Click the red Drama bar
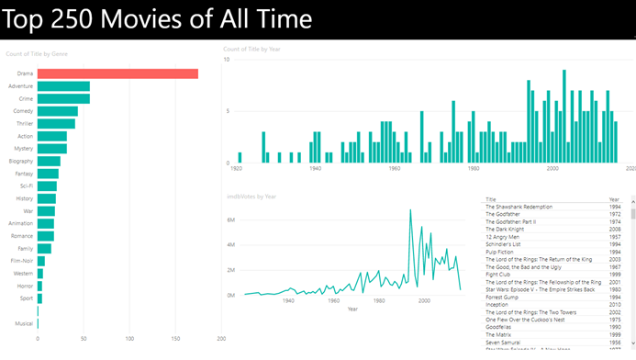pos(117,73)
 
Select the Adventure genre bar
pos(63,86)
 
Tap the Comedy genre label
pos(23,111)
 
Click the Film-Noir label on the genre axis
pos(21,261)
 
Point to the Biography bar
pos(49,161)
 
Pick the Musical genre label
pos(24,323)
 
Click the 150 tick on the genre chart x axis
pos(175,338)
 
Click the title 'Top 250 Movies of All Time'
pos(159,19)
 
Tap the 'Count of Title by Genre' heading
pos(37,54)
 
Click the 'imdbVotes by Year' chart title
pos(251,197)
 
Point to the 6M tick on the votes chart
pos(230,220)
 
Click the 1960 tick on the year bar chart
pos(395,169)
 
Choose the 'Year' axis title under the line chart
pos(352,309)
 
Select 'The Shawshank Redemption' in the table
pos(519,207)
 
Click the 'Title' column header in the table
pos(491,199)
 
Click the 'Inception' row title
pos(497,304)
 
